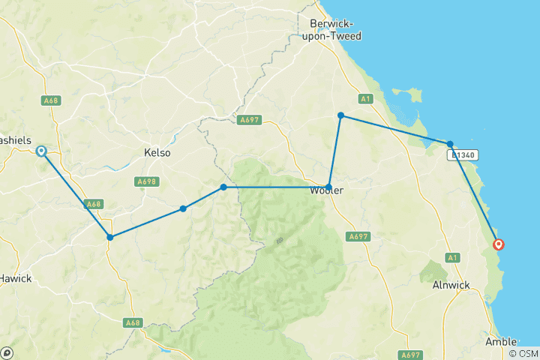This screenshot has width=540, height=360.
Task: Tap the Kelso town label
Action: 157,153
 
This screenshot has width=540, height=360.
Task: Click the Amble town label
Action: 501,341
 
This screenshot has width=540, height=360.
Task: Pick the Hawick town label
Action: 15,278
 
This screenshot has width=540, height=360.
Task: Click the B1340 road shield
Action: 462,155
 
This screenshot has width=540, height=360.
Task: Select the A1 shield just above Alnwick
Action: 452,258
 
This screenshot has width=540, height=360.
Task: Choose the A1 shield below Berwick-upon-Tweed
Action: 365,98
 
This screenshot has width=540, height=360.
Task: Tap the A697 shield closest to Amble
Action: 410,355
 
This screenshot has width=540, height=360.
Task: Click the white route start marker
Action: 41,151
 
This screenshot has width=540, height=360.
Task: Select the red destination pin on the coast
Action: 498,244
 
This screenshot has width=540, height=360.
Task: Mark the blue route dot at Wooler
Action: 329,187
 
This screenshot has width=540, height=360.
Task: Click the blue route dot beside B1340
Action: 450,144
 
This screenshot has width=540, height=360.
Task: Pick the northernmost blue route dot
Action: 340,115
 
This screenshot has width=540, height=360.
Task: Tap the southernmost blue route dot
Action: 110,238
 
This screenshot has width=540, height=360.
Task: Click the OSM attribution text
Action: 522,353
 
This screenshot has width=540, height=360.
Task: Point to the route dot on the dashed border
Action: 223,187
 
